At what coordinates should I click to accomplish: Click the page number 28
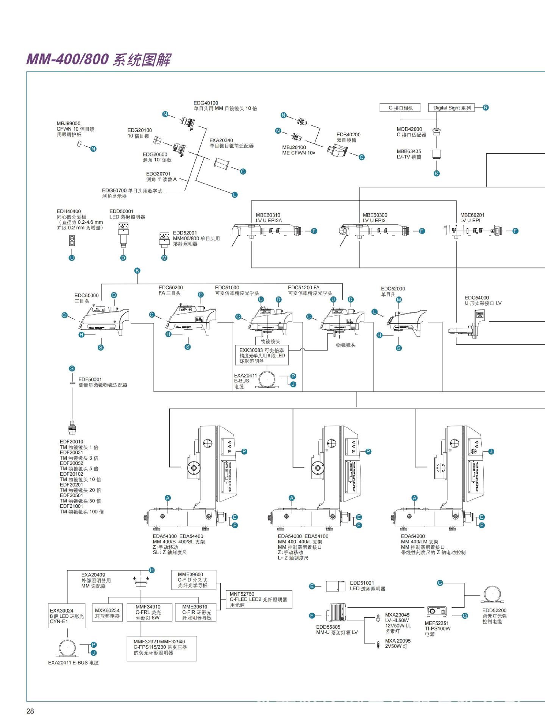[x=30, y=711]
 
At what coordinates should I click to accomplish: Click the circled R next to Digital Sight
[x=486, y=108]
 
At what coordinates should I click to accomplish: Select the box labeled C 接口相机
[x=401, y=108]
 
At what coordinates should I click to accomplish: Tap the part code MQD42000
[x=409, y=129]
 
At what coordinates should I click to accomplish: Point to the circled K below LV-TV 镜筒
[x=437, y=173]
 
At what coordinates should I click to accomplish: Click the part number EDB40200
[x=348, y=134]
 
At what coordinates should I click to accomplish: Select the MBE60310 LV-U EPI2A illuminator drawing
[x=265, y=230]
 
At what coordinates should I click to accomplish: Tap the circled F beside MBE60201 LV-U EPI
[x=515, y=231]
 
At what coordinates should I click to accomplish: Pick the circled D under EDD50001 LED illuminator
[x=123, y=258]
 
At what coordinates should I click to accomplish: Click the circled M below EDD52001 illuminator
[x=164, y=258]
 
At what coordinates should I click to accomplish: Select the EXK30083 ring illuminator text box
[x=262, y=356]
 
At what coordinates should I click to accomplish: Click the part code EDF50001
[x=90, y=379]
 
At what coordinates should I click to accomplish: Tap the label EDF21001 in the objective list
[x=71, y=506]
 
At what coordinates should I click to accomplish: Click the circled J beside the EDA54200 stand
[x=491, y=451]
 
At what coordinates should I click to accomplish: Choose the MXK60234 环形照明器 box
[x=107, y=613]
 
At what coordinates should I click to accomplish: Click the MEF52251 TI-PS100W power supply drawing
[x=437, y=612]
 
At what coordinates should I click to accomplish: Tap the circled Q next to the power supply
[x=465, y=616]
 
